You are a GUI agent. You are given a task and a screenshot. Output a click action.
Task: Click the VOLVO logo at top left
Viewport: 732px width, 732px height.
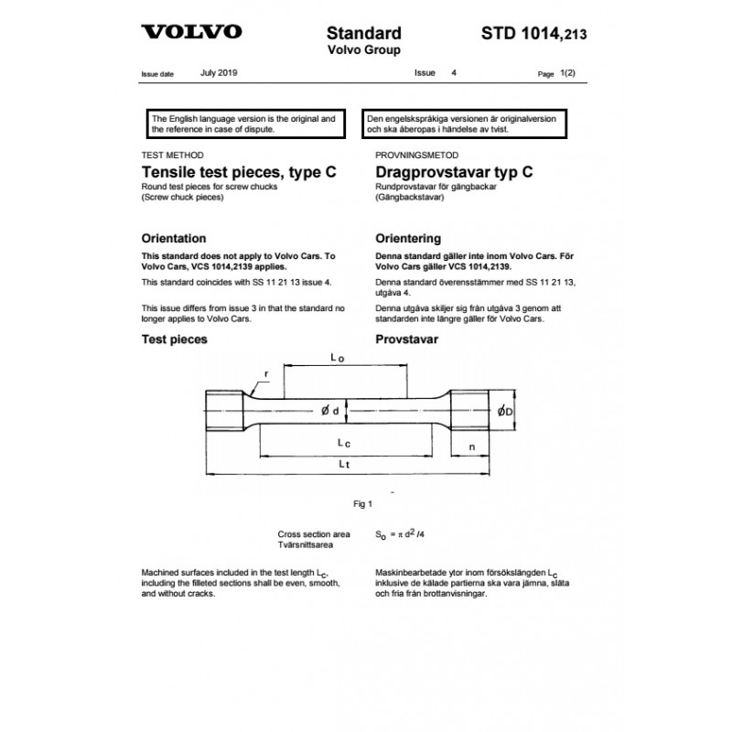coord(192,32)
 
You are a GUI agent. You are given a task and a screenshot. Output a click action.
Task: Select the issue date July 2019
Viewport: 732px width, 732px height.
coord(220,70)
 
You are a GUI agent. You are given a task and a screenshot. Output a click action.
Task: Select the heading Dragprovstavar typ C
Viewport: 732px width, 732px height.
coord(455,171)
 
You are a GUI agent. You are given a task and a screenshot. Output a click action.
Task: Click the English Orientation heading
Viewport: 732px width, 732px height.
coord(180,238)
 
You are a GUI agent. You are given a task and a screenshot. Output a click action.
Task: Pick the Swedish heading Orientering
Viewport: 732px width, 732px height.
coord(409,238)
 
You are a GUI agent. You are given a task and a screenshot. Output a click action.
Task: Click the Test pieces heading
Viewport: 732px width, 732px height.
coord(175,339)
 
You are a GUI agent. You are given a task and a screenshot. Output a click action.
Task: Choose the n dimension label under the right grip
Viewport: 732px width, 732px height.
coord(470,447)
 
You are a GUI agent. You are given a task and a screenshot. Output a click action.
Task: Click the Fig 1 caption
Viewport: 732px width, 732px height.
coord(364,503)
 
